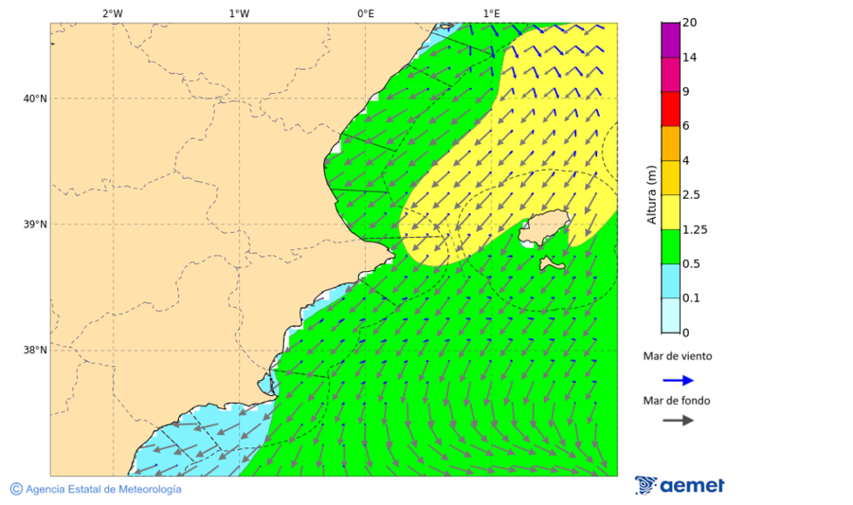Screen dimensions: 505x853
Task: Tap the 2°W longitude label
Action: [112, 13]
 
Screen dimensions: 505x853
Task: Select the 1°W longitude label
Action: [239, 13]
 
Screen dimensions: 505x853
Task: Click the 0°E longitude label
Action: [365, 13]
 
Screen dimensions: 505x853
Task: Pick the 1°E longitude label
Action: [491, 13]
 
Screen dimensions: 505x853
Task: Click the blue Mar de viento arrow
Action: [678, 380]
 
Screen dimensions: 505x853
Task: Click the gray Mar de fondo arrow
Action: [678, 421]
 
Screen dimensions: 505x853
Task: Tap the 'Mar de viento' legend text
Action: [678, 357]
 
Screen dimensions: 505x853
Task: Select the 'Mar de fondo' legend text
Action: [678, 401]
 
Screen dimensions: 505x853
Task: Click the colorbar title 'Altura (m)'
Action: [651, 194]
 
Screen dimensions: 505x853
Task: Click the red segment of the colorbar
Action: [670, 108]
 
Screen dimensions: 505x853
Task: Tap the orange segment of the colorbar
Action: [670, 143]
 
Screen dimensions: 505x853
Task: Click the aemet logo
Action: [680, 485]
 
